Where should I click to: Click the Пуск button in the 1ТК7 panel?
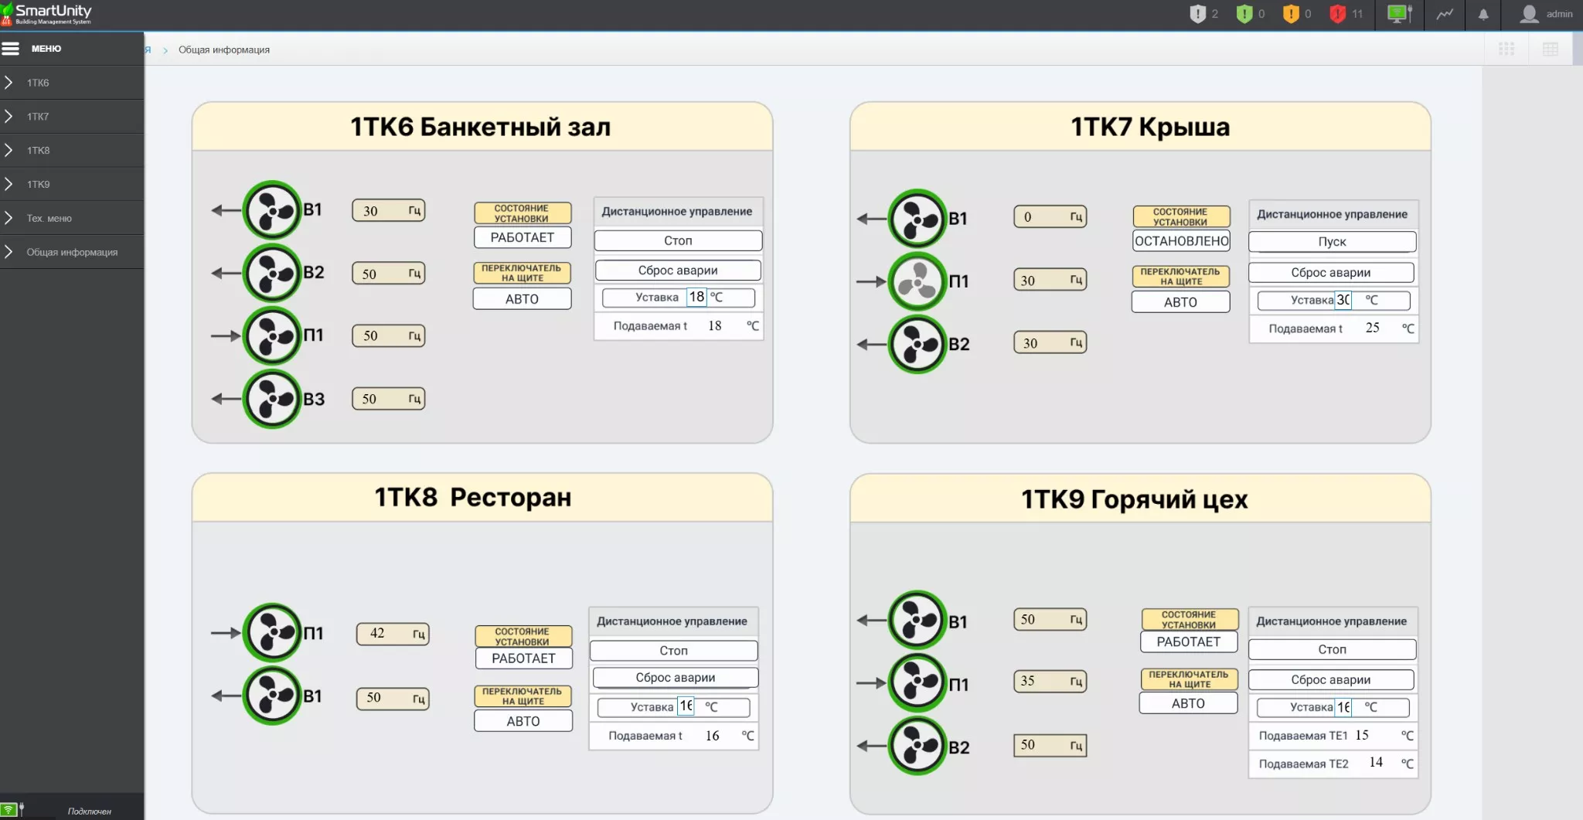[1332, 242]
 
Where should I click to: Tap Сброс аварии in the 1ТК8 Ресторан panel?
[675, 678]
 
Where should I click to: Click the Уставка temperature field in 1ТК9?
[1343, 707]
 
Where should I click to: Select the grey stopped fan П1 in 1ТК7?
[917, 281]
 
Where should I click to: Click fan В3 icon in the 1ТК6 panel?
[271, 399]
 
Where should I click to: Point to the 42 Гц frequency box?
[392, 634]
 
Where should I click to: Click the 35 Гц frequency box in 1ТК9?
[1049, 682]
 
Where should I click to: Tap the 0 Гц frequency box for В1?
[1049, 217]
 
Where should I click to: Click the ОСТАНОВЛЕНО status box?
[1181, 241]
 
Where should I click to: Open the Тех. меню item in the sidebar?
[49, 219]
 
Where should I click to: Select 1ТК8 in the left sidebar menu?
[38, 151]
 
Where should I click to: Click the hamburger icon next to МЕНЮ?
[11, 49]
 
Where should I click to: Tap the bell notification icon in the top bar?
[1483, 14]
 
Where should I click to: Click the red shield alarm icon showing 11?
[1338, 14]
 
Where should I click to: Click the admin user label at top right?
[1558, 14]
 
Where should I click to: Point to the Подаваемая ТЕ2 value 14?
[1376, 763]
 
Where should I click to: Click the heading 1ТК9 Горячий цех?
[1134, 500]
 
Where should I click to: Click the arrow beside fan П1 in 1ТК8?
[225, 633]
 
